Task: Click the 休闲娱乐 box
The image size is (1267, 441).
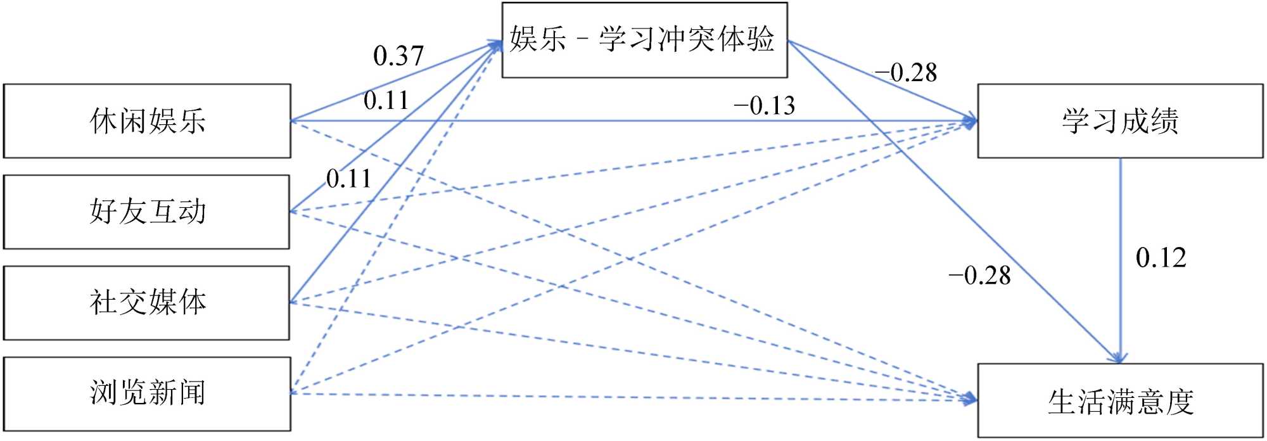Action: [x=147, y=121]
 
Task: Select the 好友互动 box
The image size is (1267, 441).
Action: [x=147, y=212]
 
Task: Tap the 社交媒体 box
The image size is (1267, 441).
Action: [x=147, y=302]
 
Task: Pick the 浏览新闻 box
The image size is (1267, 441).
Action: [x=147, y=393]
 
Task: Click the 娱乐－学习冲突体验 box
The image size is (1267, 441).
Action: [x=644, y=40]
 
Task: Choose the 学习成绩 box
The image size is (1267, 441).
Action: [x=1119, y=121]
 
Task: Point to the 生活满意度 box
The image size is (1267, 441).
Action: [x=1119, y=401]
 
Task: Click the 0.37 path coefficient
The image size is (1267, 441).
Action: [x=398, y=56]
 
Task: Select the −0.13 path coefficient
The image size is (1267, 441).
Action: [x=764, y=106]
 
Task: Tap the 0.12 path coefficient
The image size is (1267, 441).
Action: [x=1161, y=258]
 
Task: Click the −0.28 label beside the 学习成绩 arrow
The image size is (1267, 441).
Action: [x=906, y=73]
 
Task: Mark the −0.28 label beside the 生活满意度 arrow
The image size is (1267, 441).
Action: [x=979, y=276]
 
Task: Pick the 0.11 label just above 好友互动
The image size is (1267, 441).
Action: [x=348, y=179]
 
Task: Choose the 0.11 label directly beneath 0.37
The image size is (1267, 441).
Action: [x=386, y=101]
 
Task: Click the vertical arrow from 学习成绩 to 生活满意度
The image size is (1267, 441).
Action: [x=1121, y=253]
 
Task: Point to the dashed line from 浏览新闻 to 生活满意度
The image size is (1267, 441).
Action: [x=633, y=397]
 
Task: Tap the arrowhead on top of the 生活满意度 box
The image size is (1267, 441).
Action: [x=1119, y=358]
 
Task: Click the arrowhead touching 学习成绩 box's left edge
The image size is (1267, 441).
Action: [x=971, y=120]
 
